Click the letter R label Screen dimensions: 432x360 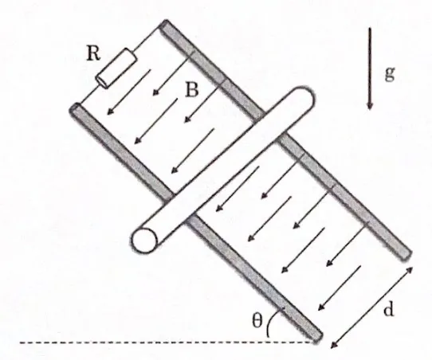pos(93,53)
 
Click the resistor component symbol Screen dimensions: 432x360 pos(116,68)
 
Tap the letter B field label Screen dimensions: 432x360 pos(192,89)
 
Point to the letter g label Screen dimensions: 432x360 pos(390,74)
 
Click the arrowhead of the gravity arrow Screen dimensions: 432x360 pos(370,106)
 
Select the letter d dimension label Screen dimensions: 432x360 pos(388,309)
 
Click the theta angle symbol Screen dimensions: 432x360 pos(257,320)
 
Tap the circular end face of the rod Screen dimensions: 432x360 pos(144,241)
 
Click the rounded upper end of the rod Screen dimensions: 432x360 pos(304,96)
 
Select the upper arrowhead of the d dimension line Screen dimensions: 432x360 pos(409,270)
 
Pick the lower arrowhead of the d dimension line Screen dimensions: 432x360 pos(334,345)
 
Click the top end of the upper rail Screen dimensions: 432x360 pos(165,24)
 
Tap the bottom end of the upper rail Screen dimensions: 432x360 pos(407,255)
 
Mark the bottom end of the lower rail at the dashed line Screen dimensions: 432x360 pos(317,338)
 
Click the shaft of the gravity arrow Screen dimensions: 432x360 pos(370,65)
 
